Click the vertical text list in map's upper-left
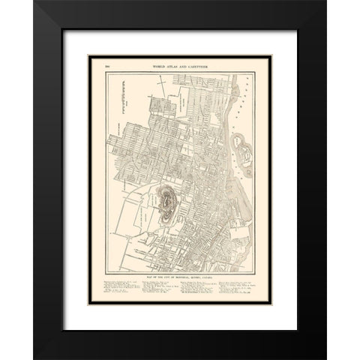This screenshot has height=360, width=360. [120, 101]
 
